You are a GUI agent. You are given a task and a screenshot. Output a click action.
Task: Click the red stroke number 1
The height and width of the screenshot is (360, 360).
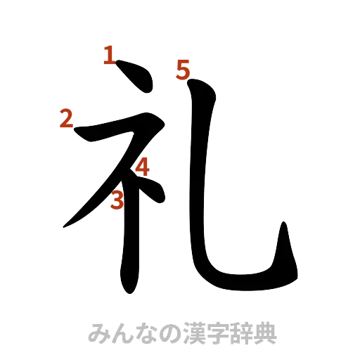click(x=108, y=55)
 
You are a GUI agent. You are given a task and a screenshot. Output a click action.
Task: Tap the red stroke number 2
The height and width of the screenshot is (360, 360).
click(x=65, y=119)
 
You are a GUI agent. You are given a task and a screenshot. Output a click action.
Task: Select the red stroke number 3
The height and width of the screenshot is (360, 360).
click(x=118, y=200)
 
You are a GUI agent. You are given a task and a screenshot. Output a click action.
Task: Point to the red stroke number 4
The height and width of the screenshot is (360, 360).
click(x=143, y=167)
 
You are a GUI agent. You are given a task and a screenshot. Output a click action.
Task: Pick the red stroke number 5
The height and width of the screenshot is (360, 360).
click(x=184, y=70)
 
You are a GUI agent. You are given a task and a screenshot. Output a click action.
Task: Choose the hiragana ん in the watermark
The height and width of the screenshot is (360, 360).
click(x=121, y=333)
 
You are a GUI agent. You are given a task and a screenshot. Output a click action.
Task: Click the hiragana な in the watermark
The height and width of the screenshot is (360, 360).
click(x=146, y=333)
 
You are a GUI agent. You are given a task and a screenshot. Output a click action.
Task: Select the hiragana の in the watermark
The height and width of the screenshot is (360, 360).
click(x=169, y=333)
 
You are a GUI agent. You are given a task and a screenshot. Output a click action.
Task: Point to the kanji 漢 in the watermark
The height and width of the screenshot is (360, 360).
click(x=194, y=333)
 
